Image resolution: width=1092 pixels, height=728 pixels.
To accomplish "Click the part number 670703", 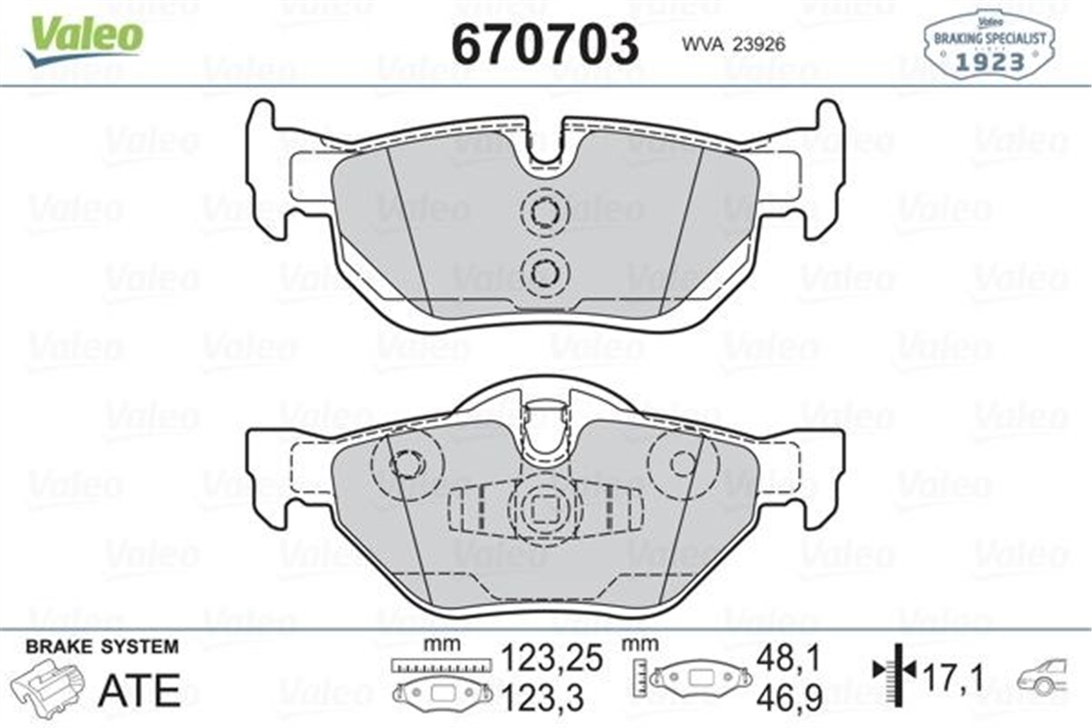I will pos(545,43).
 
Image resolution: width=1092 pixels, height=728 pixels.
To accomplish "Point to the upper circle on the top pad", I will pos(544,212).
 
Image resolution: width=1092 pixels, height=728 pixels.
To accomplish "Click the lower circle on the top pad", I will pos(544,271).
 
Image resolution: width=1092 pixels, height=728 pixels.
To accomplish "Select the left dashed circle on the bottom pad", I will pos(405,463).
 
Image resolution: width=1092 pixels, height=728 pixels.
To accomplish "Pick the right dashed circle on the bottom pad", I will pos(683,463).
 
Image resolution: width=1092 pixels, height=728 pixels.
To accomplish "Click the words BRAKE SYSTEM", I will pos(102,647).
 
